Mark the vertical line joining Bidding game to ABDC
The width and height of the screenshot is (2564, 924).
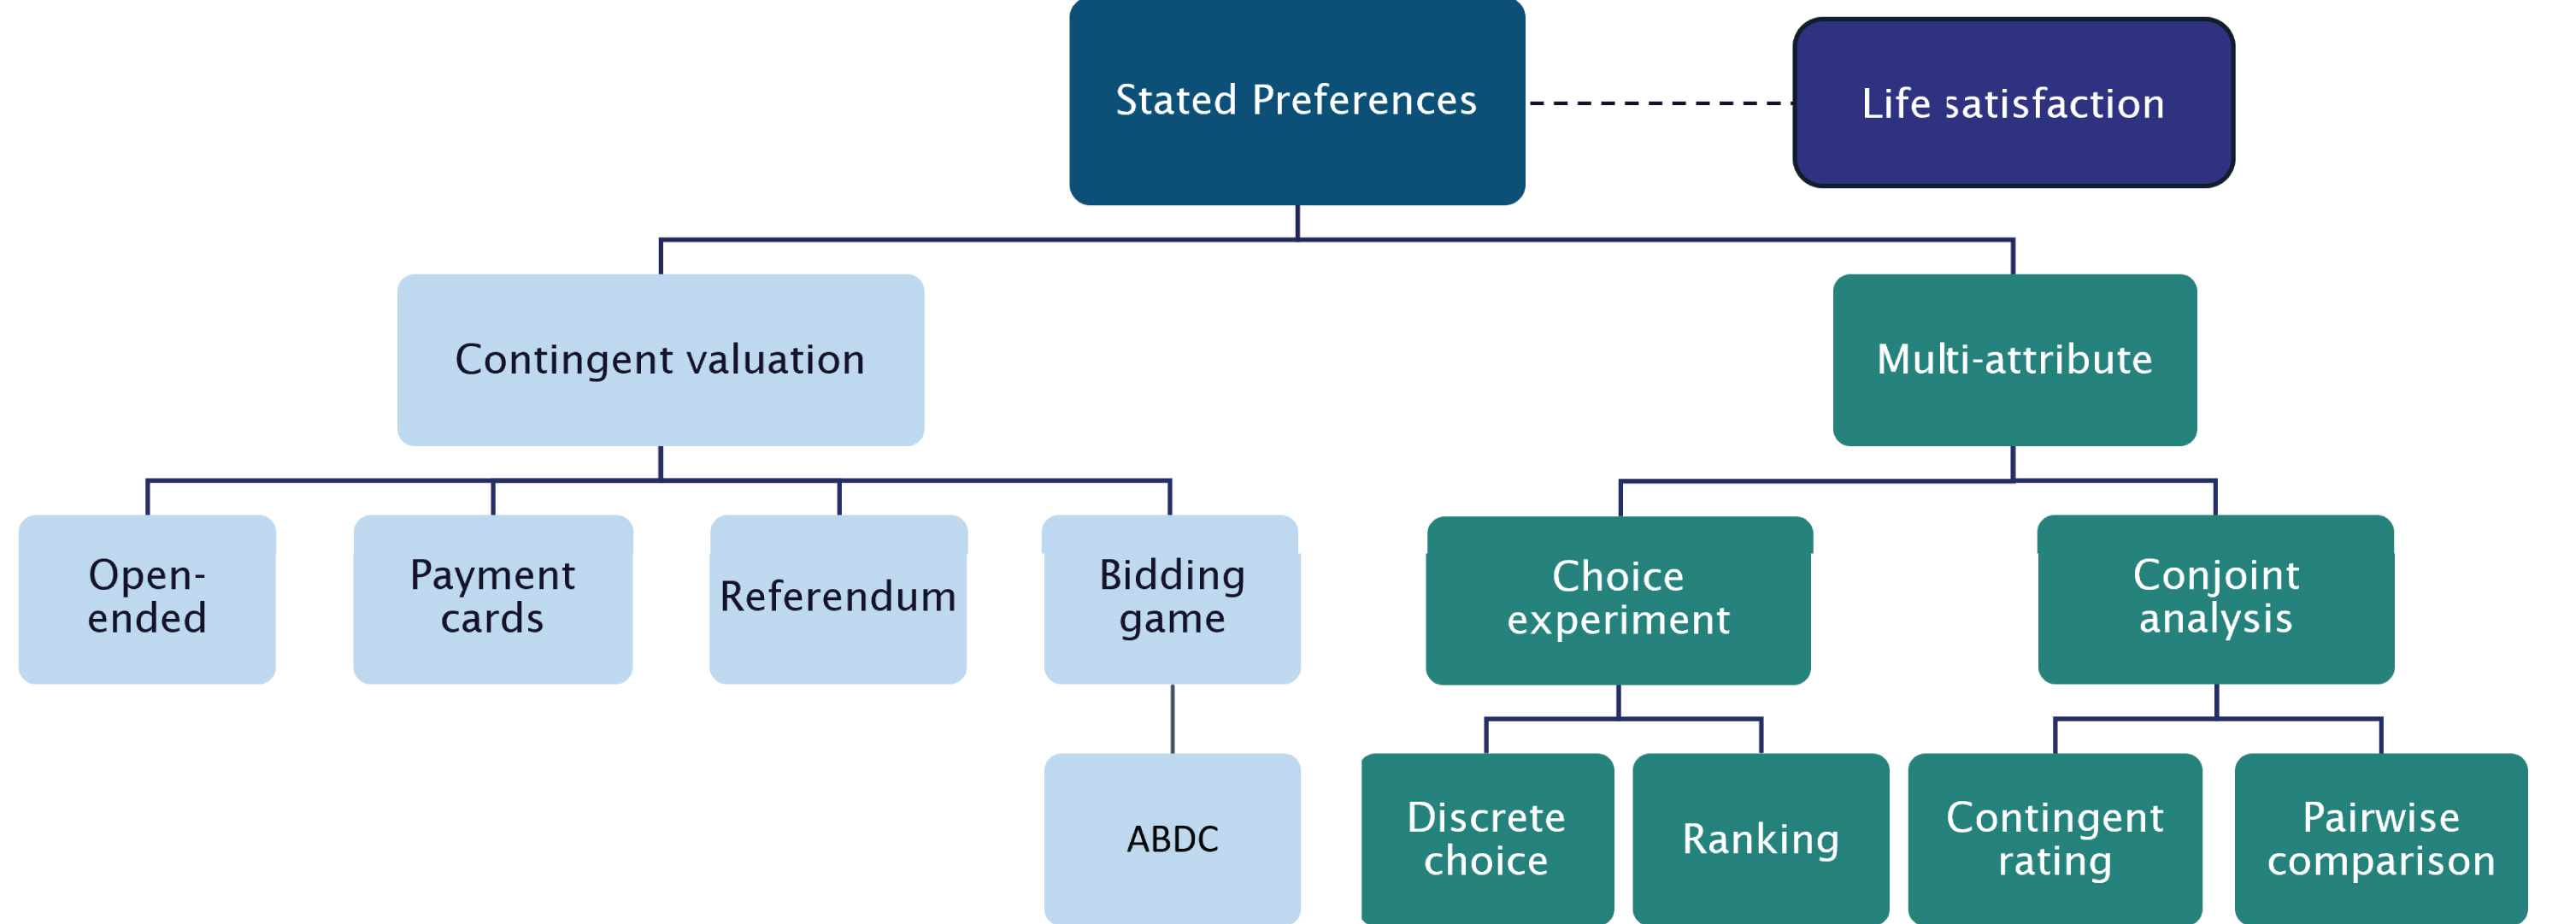pyautogui.click(x=1172, y=719)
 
